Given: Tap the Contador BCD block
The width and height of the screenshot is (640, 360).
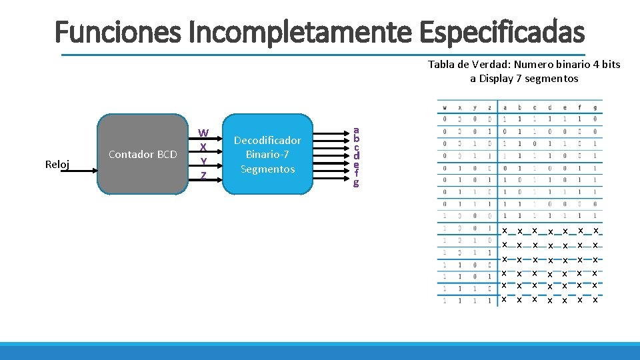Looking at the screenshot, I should (x=143, y=155).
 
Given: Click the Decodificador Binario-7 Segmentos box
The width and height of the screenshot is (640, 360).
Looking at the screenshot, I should (x=267, y=155).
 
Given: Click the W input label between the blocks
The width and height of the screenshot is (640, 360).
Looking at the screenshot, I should (x=203, y=132).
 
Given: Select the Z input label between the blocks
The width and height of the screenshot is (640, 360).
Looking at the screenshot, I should (x=203, y=175).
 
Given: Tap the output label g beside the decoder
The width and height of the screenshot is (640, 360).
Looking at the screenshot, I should (x=356, y=182).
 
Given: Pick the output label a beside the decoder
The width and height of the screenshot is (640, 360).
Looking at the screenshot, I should (x=356, y=130).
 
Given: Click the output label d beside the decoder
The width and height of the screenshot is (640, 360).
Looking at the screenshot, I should (x=356, y=156).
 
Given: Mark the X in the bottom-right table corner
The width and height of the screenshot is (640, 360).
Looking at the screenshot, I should (x=595, y=300).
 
